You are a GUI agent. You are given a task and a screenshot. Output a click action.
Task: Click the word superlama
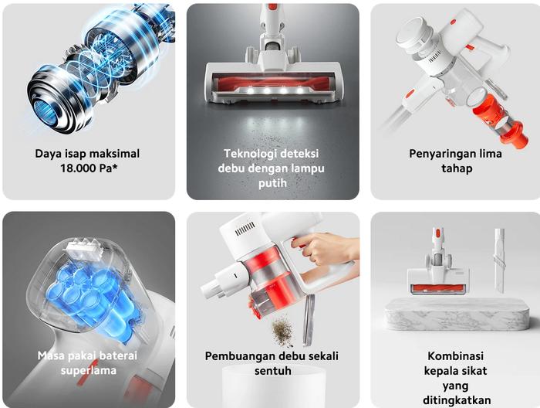pos(89,371)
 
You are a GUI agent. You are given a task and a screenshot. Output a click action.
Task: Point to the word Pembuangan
pos(236,356)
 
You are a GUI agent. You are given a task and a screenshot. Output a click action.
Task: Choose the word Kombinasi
pos(456,356)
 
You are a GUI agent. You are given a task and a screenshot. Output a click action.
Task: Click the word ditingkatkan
pos(457,400)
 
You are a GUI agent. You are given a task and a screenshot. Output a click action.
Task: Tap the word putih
pos(273,183)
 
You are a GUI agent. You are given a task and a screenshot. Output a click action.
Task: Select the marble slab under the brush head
pos(457,314)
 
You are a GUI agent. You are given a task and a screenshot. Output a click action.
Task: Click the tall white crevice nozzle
pos(499,260)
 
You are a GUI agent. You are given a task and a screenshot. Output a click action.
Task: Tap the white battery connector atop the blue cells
pos(84,249)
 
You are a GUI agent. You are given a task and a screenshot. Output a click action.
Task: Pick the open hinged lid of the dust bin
pos(309,321)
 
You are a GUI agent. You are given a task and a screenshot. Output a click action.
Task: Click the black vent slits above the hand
pos(245,229)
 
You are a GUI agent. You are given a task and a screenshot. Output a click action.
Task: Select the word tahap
pos(457,168)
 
